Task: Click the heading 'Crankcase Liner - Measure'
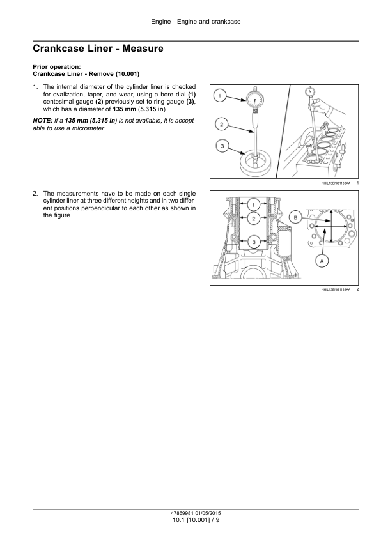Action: (x=98, y=49)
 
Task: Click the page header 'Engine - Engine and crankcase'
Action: (x=196, y=22)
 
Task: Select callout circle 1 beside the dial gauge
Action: (x=220, y=95)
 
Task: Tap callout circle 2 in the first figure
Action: (x=221, y=124)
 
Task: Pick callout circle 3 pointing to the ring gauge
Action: (x=222, y=146)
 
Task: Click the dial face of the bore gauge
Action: (x=255, y=100)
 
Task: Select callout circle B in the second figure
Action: (x=295, y=217)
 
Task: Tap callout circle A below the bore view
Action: (x=322, y=261)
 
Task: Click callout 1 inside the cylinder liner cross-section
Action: (x=253, y=205)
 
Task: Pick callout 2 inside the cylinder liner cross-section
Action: (x=253, y=219)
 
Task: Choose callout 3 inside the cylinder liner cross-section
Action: (x=254, y=242)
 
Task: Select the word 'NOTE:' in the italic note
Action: (x=43, y=121)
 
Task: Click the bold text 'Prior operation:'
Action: (x=57, y=67)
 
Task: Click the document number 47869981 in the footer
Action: (x=183, y=514)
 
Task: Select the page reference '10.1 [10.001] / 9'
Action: (x=196, y=520)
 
